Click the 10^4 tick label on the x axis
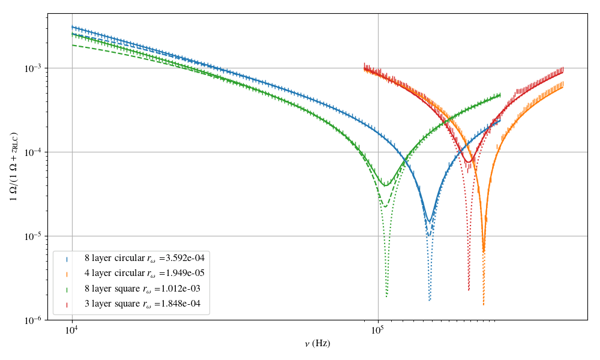click(x=72, y=329)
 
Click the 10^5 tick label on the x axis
click(x=377, y=329)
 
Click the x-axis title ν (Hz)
click(x=317, y=344)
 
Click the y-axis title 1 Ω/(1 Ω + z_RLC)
click(x=13, y=166)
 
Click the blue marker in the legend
click(x=67, y=259)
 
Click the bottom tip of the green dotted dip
click(x=386, y=296)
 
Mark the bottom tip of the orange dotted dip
click(x=483, y=305)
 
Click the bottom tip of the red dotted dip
click(x=469, y=290)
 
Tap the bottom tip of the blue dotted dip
click(x=430, y=300)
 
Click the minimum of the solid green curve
click(x=386, y=185)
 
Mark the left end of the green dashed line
click(x=72, y=45)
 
